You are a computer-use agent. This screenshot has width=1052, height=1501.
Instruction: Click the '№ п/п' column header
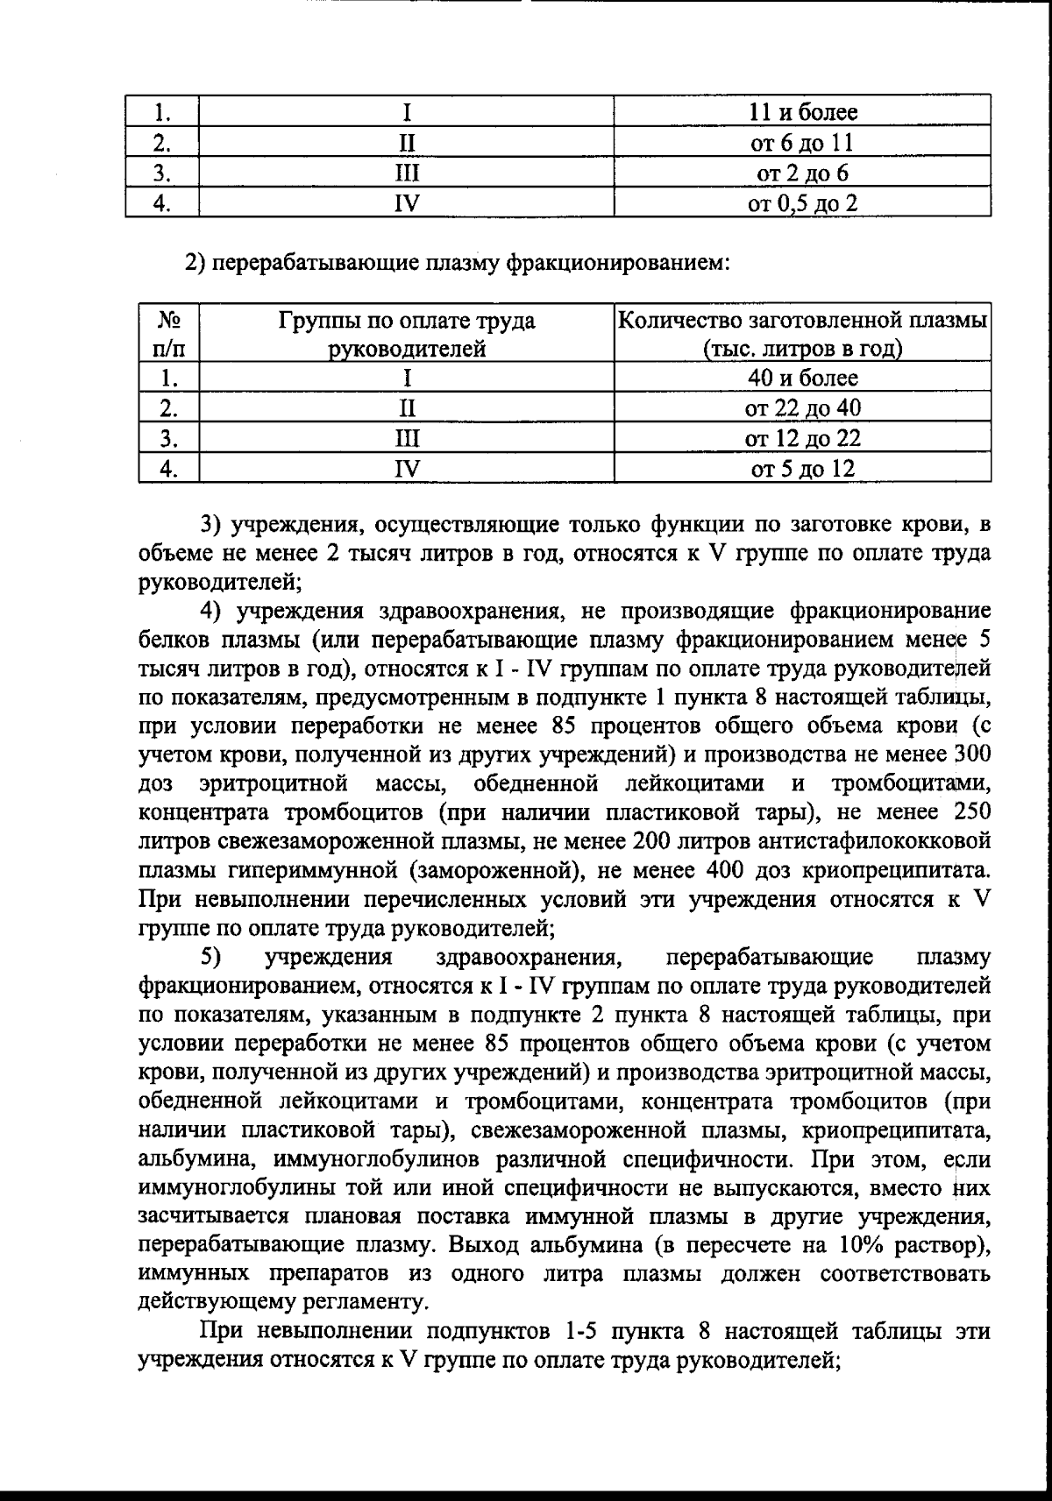pyautogui.click(x=168, y=334)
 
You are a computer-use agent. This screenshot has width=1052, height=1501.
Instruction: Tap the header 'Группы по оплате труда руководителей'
pyautogui.click(x=407, y=334)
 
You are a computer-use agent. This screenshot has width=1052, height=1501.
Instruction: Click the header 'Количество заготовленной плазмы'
pyautogui.click(x=802, y=321)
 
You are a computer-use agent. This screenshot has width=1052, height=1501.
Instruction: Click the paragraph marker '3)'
pyautogui.click(x=214, y=525)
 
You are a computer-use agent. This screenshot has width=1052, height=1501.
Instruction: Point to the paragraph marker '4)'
pyautogui.click(x=214, y=611)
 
